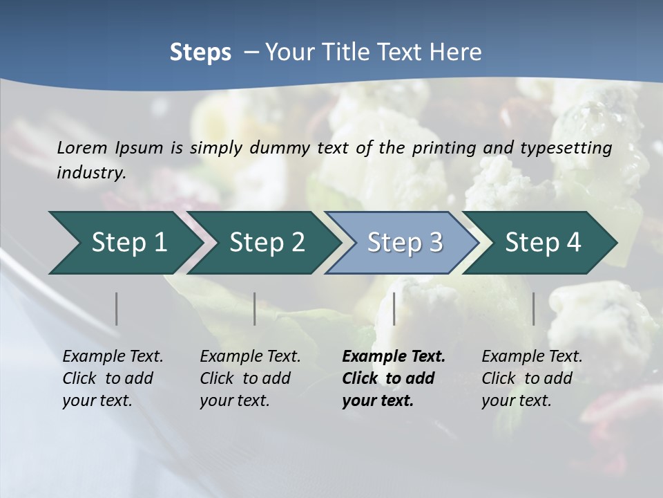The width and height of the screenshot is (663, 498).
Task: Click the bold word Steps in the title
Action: point(200,53)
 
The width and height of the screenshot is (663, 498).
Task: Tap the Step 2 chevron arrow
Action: point(262,243)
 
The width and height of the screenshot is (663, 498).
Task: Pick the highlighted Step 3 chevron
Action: point(402,243)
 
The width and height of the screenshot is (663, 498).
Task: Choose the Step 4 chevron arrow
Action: point(541,243)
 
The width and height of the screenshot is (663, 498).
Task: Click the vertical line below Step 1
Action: point(117,308)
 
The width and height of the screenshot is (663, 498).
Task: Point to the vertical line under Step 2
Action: point(255,308)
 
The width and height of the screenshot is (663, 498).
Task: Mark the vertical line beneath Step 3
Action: point(394,308)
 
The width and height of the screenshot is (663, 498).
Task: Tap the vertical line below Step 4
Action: point(534,308)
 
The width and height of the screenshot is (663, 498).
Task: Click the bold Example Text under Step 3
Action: point(394,357)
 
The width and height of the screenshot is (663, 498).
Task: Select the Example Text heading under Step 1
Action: point(113,357)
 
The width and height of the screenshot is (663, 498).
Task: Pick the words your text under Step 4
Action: point(516,400)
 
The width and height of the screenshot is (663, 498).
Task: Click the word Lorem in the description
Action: point(81,148)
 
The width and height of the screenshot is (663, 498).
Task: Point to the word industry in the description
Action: point(91,173)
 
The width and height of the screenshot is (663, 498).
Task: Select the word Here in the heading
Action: point(459,53)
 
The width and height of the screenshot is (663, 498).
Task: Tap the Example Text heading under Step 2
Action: point(250,357)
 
